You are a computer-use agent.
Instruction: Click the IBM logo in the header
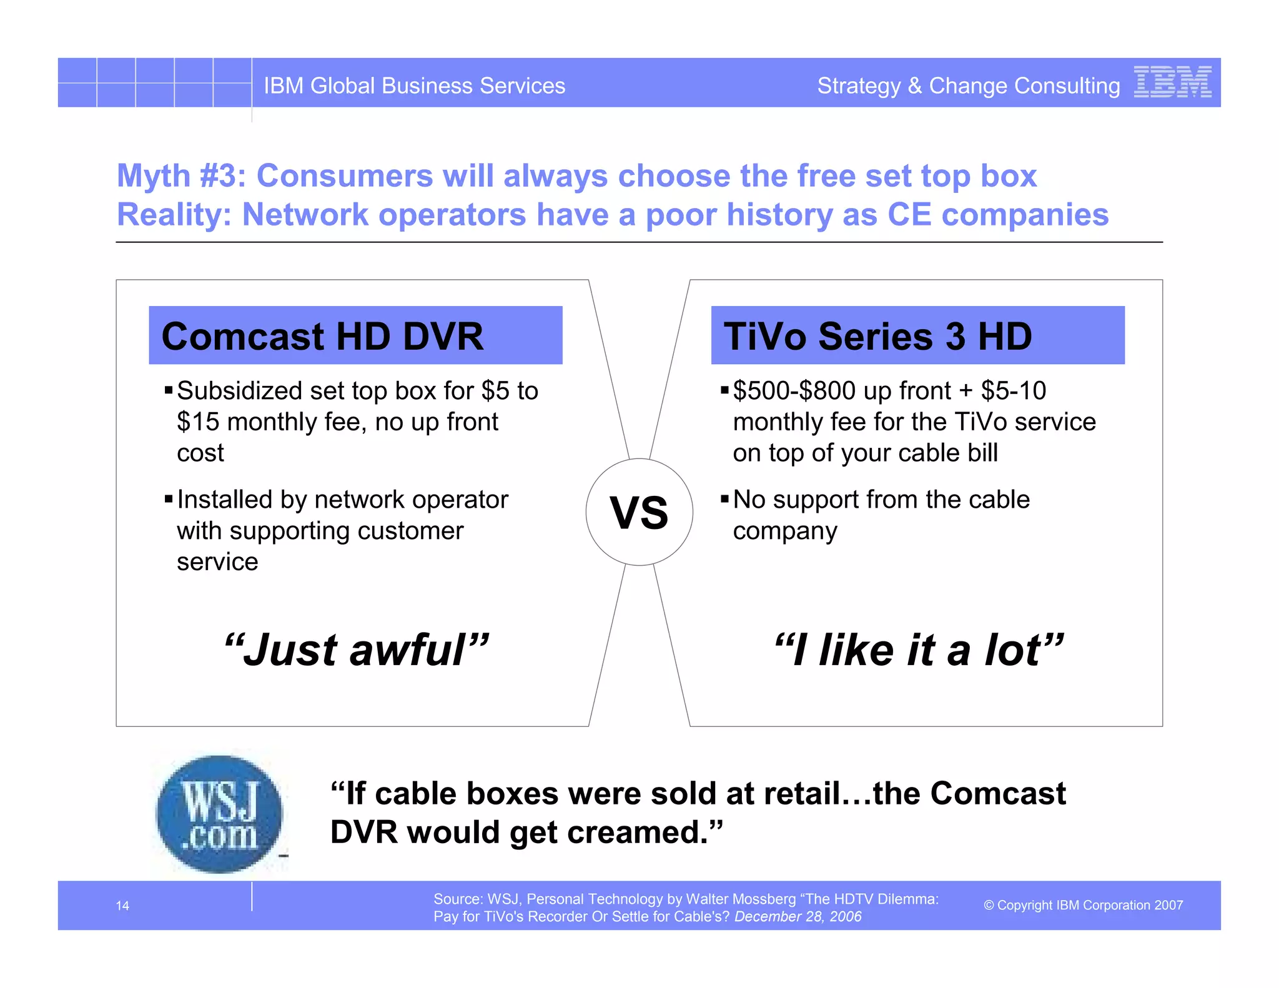(1172, 82)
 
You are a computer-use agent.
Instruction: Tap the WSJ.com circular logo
(219, 814)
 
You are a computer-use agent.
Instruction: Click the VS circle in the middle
(639, 512)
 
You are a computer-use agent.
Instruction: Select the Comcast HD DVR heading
(322, 337)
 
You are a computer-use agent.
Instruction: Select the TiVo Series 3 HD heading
(877, 337)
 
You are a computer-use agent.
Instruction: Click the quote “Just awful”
(356, 650)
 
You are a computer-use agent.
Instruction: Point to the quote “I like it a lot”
(919, 650)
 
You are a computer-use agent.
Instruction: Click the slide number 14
(122, 906)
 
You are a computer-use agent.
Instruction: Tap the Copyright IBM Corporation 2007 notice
(1083, 905)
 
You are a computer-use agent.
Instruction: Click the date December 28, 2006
(798, 916)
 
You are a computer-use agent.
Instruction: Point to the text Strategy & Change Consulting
(968, 86)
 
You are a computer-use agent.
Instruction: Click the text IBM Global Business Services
(414, 86)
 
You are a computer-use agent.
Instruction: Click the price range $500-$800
(794, 391)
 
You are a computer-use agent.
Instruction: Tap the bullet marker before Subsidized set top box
(168, 391)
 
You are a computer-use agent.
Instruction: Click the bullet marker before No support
(724, 499)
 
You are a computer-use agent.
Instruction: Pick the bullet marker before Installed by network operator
(168, 499)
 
